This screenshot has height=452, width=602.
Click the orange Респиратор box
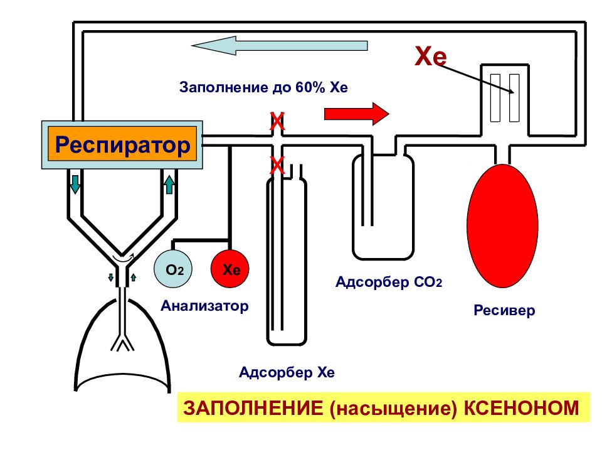tap(122, 144)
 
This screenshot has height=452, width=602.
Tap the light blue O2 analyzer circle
tap(173, 269)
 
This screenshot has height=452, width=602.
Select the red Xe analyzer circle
tap(230, 269)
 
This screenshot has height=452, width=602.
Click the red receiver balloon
tap(502, 226)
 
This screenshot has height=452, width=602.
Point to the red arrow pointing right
tap(357, 114)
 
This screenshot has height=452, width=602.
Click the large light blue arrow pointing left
tap(280, 45)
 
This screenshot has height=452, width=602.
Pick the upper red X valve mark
tap(277, 122)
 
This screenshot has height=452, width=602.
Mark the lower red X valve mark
tap(277, 166)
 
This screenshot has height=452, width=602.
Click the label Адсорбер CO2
tap(389, 282)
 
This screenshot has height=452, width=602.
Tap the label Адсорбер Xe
tap(287, 372)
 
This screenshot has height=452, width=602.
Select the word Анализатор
tap(204, 306)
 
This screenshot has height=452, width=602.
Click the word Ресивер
tap(504, 309)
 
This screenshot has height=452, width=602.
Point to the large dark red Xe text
tap(431, 56)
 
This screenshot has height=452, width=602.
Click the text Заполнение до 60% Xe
tap(263, 87)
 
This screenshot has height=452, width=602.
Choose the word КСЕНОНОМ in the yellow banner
tap(521, 408)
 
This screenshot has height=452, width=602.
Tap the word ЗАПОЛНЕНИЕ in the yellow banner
tap(253, 408)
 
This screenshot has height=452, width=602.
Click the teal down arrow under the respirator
tap(75, 184)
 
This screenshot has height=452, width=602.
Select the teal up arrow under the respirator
tap(169, 184)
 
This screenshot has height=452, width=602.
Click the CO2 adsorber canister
tap(383, 206)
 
